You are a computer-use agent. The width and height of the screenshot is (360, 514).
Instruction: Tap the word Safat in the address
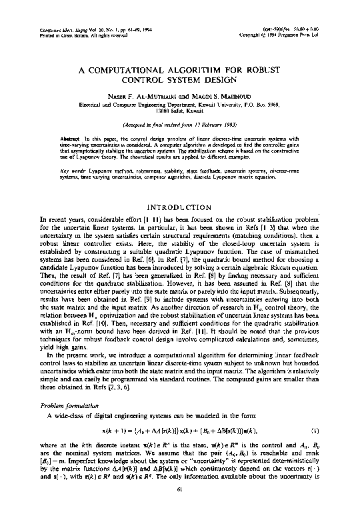click(180, 112)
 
